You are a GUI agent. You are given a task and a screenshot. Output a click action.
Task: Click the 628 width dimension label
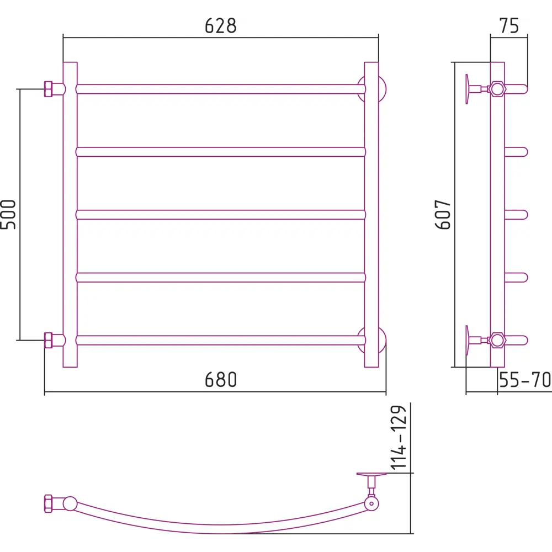[221, 26]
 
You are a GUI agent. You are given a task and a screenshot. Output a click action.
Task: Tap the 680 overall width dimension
[221, 380]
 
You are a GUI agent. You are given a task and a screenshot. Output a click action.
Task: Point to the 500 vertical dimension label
[8, 214]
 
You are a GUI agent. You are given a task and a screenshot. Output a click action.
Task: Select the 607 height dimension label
[443, 214]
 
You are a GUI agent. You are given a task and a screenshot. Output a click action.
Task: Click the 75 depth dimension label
[509, 26]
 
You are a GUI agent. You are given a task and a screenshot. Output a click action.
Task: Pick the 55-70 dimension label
[525, 380]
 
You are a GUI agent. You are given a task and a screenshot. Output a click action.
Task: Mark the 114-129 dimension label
[399, 438]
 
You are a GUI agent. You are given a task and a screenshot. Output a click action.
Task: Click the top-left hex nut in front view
[48, 89]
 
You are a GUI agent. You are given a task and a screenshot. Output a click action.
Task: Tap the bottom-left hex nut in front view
[48, 341]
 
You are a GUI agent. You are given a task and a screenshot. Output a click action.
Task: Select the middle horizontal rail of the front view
[221, 214]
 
